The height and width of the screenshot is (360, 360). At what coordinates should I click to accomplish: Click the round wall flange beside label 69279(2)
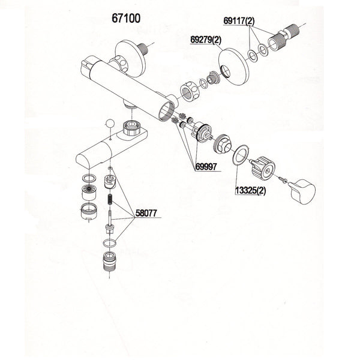232,64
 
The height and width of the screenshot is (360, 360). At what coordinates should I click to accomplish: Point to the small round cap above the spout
109,124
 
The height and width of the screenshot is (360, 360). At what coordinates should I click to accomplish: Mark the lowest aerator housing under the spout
89,211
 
